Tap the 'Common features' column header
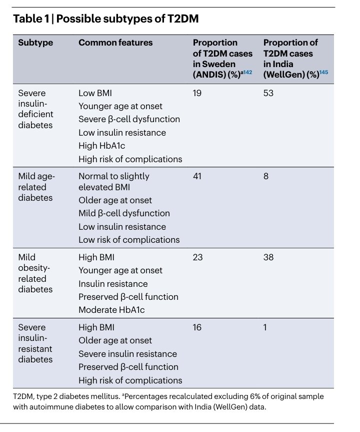coord(115,43)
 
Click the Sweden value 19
coord(197,93)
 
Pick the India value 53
coord(268,93)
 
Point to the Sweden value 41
coord(197,176)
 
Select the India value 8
coord(266,176)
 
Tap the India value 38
coord(268,257)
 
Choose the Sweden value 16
coord(197,327)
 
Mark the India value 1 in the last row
coord(265,327)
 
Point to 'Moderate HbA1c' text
coord(111,310)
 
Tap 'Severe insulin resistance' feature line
coord(127,354)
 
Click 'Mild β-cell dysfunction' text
coord(124,213)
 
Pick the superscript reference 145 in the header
coord(323,73)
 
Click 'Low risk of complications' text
coord(129,239)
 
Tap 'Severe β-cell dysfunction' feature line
coord(129,119)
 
